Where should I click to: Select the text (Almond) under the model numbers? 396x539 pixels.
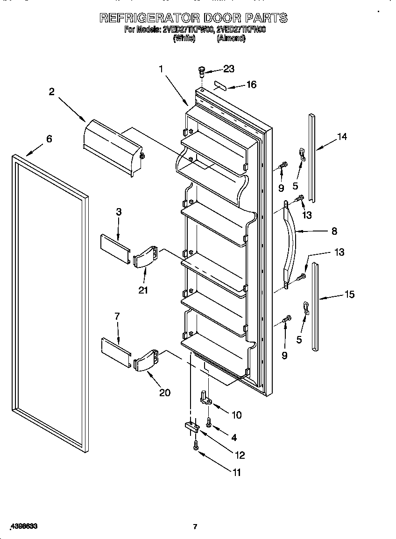click(231, 39)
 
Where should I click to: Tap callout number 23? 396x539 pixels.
click(228, 69)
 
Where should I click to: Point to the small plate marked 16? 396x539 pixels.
click(220, 86)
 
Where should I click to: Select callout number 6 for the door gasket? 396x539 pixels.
click(49, 139)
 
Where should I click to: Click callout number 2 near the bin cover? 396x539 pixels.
click(52, 92)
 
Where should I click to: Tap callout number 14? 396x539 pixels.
click(342, 137)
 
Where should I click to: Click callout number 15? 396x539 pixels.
click(349, 294)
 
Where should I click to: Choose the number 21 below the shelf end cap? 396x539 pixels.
click(143, 290)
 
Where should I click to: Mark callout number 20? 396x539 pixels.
click(164, 392)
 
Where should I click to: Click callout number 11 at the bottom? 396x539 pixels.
click(236, 473)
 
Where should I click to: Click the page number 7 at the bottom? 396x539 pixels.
click(195, 527)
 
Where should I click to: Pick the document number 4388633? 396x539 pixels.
click(22, 526)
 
